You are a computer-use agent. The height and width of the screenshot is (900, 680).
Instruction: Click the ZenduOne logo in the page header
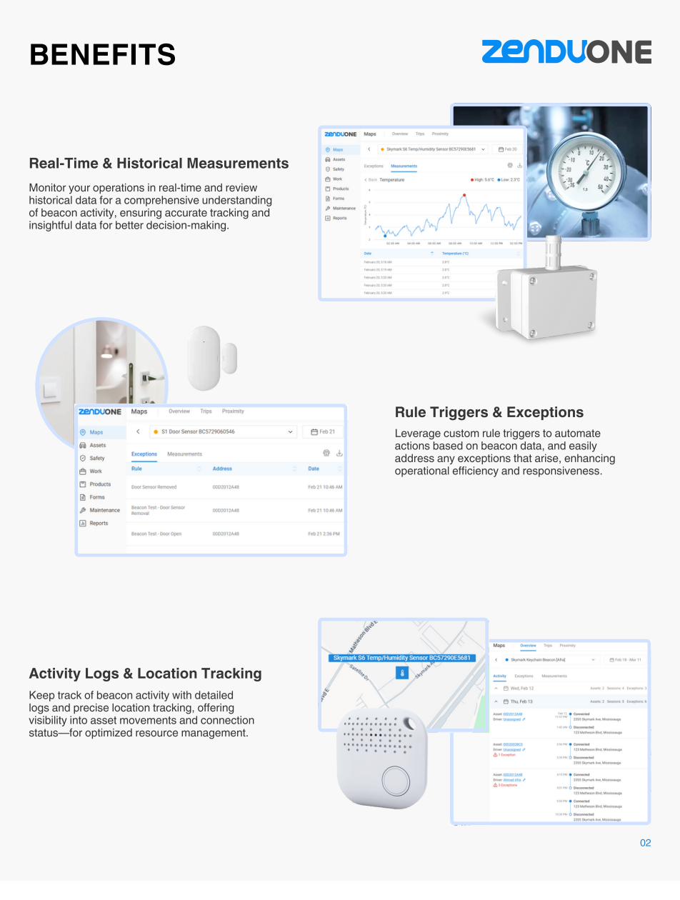tap(566, 52)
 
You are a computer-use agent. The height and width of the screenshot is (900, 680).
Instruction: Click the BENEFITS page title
tap(103, 55)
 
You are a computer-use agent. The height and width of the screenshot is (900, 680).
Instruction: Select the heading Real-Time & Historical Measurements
tap(159, 164)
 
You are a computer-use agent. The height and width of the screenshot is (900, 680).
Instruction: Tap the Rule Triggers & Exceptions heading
tap(489, 412)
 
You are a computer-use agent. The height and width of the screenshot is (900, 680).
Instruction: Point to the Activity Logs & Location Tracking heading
tap(145, 674)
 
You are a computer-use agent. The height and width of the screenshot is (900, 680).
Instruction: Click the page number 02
tap(645, 843)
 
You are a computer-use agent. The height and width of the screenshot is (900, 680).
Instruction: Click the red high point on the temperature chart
tap(464, 195)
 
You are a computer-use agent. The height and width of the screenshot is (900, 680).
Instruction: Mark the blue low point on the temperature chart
tap(385, 236)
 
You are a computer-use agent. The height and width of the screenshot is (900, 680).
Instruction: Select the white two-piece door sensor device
tap(211, 357)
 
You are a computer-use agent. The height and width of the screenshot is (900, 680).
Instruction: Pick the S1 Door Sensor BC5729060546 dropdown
tap(223, 432)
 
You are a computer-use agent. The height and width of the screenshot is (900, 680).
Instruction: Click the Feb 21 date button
tap(323, 432)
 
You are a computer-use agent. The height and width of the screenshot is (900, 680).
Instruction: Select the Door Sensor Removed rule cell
tap(154, 487)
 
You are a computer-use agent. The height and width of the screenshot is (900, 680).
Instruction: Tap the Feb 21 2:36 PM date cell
tap(324, 534)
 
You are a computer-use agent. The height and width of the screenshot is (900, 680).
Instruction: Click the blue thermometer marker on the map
tap(401, 673)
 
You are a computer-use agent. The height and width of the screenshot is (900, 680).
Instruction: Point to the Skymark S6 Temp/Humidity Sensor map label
tap(401, 658)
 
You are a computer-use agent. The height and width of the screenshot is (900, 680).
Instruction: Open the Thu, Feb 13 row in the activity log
tap(521, 701)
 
